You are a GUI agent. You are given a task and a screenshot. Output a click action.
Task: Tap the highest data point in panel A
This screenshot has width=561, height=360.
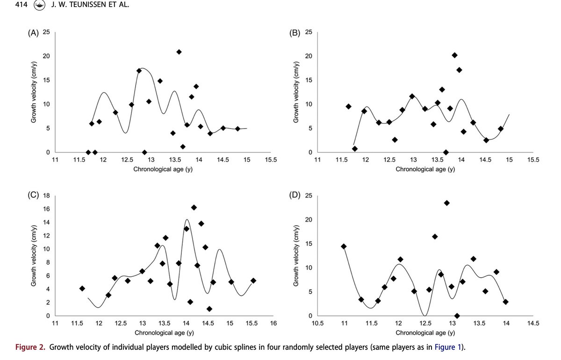point(179,52)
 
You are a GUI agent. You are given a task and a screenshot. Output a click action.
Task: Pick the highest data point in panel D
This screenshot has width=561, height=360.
point(446,203)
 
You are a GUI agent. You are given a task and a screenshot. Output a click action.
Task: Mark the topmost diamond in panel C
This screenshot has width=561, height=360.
point(194,208)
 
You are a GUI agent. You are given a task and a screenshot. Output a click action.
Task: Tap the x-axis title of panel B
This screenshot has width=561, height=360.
point(425,169)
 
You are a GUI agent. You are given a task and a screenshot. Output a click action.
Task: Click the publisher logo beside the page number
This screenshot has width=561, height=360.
point(40,6)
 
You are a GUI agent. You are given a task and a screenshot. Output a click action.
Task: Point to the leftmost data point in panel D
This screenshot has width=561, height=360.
point(344,246)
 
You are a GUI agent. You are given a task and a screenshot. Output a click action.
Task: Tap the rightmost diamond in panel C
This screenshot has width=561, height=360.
point(253,281)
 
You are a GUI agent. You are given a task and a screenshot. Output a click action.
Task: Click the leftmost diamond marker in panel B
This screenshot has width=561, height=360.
point(348,107)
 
